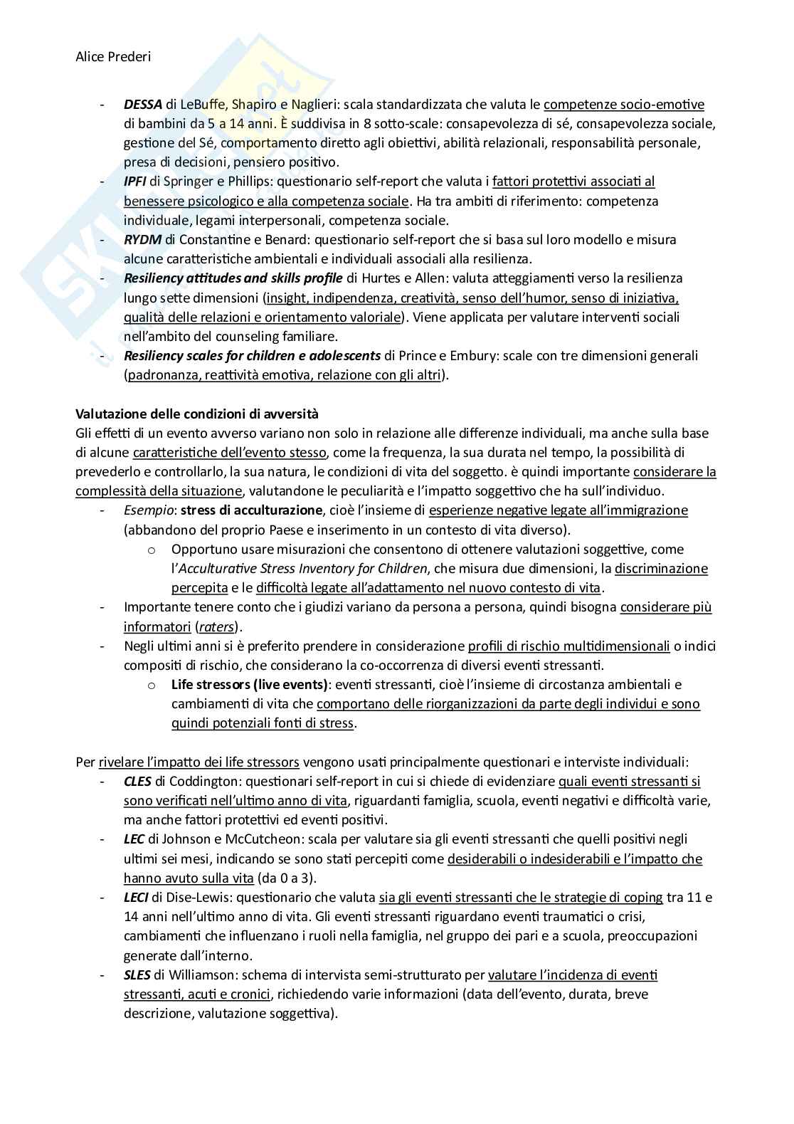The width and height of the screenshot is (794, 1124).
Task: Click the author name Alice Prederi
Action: tap(113, 57)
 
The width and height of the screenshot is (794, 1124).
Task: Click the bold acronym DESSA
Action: tap(143, 105)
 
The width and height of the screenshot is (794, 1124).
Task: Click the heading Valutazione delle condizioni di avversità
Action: tap(197, 414)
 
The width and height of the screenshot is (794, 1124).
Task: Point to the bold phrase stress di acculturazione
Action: tap(251, 510)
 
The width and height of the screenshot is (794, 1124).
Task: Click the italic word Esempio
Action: tap(149, 510)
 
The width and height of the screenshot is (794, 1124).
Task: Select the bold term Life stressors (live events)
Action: tap(250, 685)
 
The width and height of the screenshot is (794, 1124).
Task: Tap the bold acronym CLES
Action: tap(137, 782)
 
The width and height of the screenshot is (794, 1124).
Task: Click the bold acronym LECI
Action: tap(136, 898)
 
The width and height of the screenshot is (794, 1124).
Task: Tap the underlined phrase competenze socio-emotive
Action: tap(624, 105)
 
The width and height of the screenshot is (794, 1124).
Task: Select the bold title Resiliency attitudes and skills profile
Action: tap(233, 278)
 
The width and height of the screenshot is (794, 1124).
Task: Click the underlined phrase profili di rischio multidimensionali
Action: tap(568, 646)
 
